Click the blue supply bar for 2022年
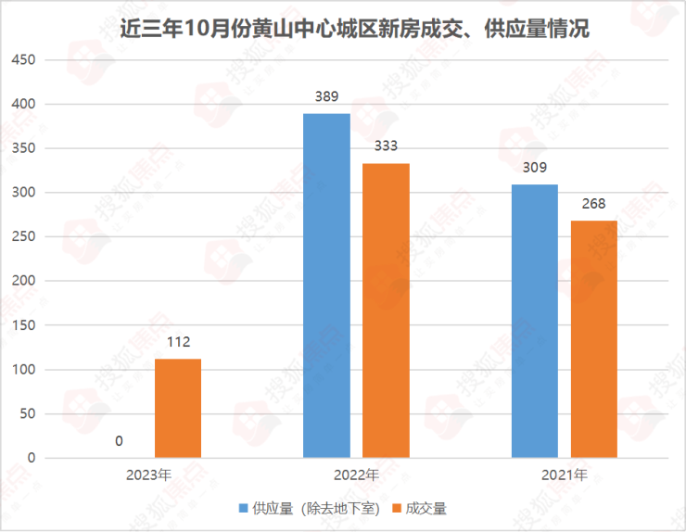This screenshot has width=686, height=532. tap(327, 285)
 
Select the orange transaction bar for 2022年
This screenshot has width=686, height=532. tap(386, 310)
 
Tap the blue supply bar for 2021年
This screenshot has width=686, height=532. tap(535, 321)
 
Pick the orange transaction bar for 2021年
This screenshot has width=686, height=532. tap(593, 339)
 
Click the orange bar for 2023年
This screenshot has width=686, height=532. tap(178, 408)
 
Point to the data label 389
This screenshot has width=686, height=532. tap(327, 96)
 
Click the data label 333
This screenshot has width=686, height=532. tap(386, 146)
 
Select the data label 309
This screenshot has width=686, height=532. tap(535, 168)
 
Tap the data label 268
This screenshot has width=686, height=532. tap(593, 204)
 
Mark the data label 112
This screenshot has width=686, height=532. tap(178, 342)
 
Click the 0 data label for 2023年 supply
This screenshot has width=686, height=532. tap(119, 441)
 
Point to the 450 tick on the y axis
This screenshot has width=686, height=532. tap(22, 60)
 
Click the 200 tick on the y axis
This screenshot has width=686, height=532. tap(22, 282)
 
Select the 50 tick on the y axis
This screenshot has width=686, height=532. tap(26, 414)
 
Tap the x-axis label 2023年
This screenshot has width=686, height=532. tap(148, 475)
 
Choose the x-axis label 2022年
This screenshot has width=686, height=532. tap(356, 475)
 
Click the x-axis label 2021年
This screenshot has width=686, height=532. tap(565, 475)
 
